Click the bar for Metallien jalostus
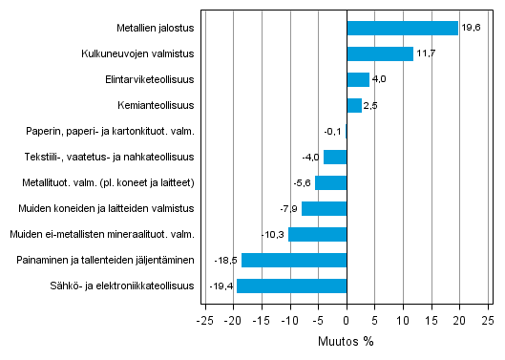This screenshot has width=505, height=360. [x=402, y=29]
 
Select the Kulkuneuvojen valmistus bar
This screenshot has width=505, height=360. [x=380, y=54]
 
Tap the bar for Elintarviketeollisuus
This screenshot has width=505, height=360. [x=358, y=80]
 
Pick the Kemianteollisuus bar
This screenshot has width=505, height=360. [x=354, y=105]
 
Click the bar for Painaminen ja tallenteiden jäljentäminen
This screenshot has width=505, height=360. [x=294, y=260]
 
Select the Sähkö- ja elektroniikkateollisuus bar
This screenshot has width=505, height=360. [x=291, y=286]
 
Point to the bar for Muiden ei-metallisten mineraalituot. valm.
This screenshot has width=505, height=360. [x=317, y=234]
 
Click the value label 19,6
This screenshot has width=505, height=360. [x=471, y=29]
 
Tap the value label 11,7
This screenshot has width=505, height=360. [x=426, y=54]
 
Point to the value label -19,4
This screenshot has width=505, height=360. [x=221, y=286]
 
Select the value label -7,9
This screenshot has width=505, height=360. [x=287, y=208]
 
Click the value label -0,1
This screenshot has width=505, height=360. [x=332, y=131]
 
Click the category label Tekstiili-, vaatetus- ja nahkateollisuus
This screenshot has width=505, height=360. [x=110, y=157]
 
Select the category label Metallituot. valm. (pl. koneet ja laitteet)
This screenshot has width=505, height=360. [x=109, y=182]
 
